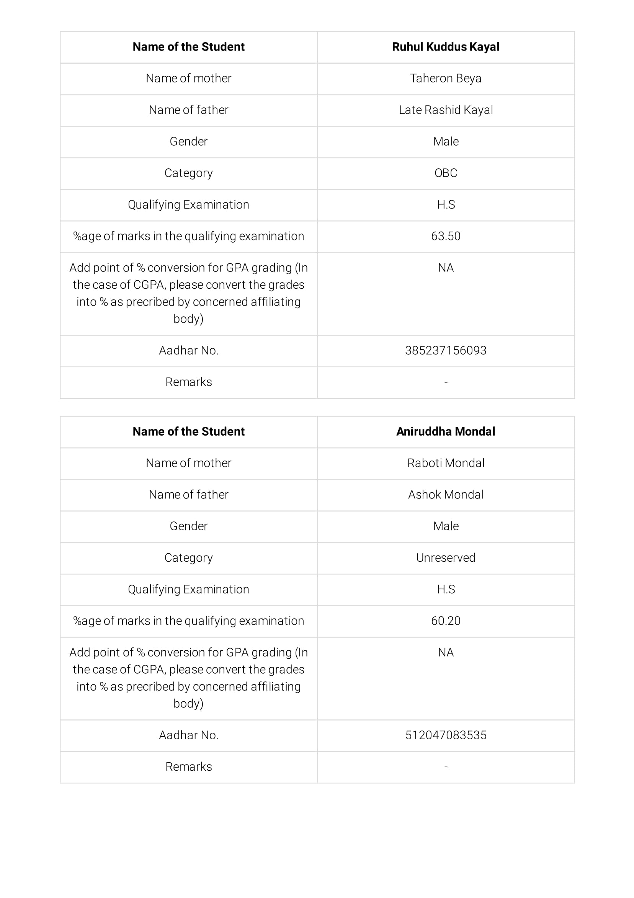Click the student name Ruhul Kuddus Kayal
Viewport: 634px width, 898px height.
[445, 47]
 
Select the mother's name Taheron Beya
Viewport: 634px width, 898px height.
[445, 79]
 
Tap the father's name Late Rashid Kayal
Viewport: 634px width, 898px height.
[445, 110]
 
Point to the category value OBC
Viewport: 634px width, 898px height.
[445, 173]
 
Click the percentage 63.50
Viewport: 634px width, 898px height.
[445, 236]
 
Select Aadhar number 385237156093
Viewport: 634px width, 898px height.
[445, 350]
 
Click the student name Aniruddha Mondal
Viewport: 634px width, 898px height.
[445, 431]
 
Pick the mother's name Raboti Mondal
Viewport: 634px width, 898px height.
[445, 463]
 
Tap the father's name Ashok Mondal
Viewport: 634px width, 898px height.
[445, 495]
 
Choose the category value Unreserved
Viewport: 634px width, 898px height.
[445, 558]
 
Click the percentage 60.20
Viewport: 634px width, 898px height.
[445, 621]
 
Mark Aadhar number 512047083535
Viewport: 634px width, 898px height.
[445, 735]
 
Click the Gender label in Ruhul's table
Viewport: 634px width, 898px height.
[188, 141]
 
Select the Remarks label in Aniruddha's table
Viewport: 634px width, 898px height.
[188, 766]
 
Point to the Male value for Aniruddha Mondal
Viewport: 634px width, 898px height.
[445, 526]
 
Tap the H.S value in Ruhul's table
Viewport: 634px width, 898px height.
[445, 204]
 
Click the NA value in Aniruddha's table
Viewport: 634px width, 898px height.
[445, 652]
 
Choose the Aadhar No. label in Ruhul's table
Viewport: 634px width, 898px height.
[188, 350]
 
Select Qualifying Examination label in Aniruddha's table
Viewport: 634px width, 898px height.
[188, 589]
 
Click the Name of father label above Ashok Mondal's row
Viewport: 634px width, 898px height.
[188, 495]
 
